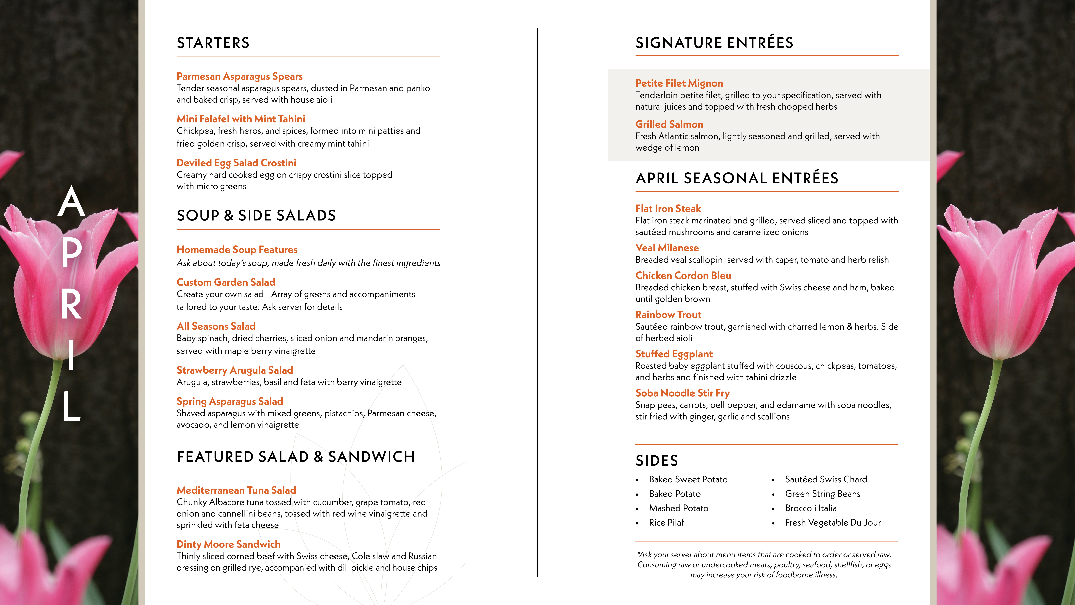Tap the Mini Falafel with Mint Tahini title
(x=241, y=119)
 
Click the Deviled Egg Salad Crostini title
(x=236, y=163)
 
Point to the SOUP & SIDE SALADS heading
(x=256, y=215)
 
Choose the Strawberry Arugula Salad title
(x=234, y=370)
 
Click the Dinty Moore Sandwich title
(x=228, y=544)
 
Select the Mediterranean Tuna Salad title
(x=236, y=490)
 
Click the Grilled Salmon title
(x=669, y=124)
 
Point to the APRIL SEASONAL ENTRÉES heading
(x=737, y=178)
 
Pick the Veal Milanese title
(x=667, y=248)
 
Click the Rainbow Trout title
(x=668, y=315)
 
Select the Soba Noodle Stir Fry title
(x=682, y=393)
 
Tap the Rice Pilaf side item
(x=666, y=523)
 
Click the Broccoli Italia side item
(x=810, y=508)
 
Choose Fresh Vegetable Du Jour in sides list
(x=833, y=523)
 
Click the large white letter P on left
(x=71, y=252)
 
